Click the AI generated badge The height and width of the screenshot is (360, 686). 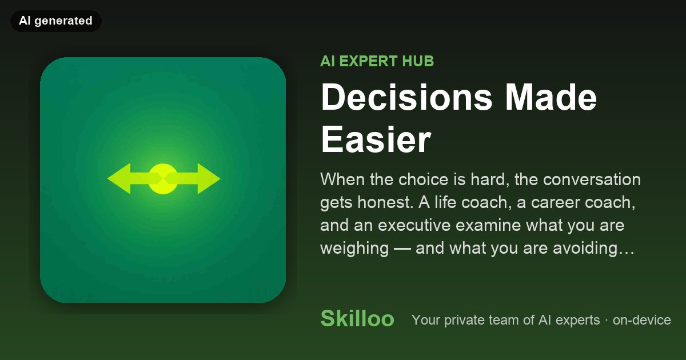56,21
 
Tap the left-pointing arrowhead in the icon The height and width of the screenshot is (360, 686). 119,179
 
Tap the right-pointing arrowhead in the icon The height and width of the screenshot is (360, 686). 209,179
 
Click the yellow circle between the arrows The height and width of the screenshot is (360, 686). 163,179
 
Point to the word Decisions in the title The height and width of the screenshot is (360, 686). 406,97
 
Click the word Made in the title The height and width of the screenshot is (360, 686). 551,97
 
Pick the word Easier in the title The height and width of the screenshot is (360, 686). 376,139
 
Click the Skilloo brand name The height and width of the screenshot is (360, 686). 357,318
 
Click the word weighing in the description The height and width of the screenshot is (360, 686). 354,249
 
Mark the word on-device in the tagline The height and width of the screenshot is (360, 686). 642,320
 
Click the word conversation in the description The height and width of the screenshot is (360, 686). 592,179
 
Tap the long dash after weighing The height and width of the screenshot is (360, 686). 402,249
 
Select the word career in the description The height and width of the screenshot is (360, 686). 555,203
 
